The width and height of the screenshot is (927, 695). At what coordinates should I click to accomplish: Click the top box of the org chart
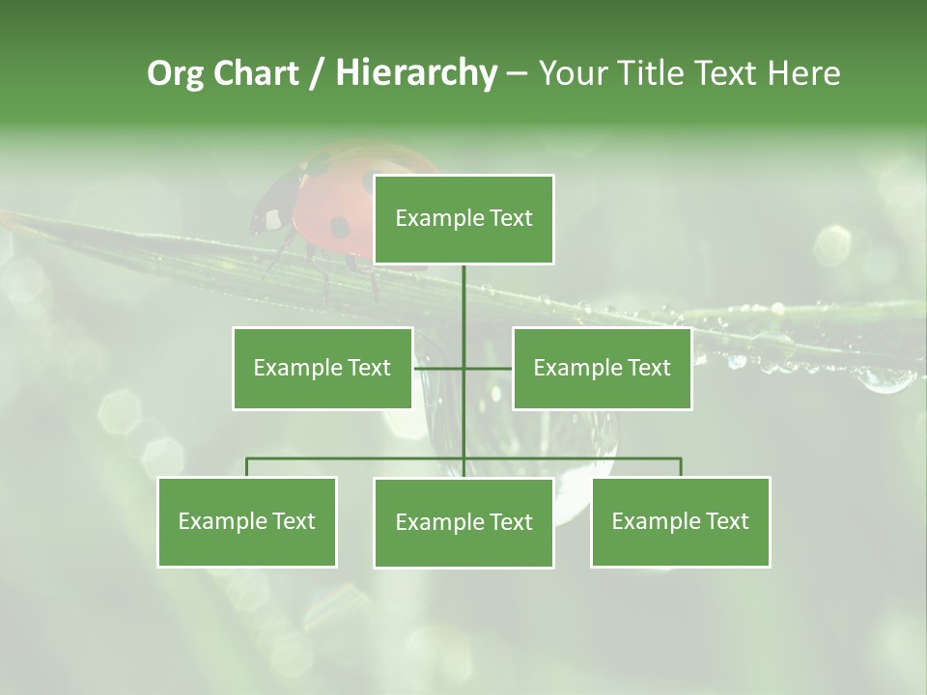[x=463, y=219]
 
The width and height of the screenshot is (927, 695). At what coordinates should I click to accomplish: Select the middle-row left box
[x=323, y=368]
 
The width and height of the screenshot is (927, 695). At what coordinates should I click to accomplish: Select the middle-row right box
[x=602, y=368]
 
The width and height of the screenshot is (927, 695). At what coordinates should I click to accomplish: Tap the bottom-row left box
[x=247, y=521]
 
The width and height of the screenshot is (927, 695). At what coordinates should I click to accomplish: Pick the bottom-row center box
[x=463, y=522]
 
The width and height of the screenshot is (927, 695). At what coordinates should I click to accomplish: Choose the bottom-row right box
[x=680, y=521]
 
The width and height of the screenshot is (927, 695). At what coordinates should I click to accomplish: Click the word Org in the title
[x=175, y=74]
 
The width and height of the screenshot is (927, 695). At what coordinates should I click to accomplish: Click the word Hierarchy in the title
[x=415, y=73]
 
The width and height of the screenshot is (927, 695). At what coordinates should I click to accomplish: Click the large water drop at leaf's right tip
[x=884, y=379]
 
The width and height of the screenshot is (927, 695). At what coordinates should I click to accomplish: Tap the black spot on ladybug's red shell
[x=339, y=228]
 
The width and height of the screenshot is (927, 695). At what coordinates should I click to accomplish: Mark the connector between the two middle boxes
[x=463, y=368]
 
